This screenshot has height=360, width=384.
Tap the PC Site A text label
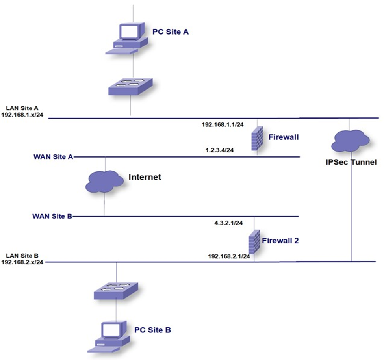click(x=171, y=31)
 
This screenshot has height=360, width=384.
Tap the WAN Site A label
click(x=53, y=156)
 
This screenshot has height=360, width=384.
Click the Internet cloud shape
click(x=104, y=180)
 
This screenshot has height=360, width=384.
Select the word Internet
click(x=145, y=177)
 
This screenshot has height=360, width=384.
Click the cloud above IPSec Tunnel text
click(x=350, y=141)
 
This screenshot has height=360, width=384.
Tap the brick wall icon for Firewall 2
click(x=254, y=242)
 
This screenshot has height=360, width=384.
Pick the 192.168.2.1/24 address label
click(x=229, y=256)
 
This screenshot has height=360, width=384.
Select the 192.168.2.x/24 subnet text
click(x=22, y=262)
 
